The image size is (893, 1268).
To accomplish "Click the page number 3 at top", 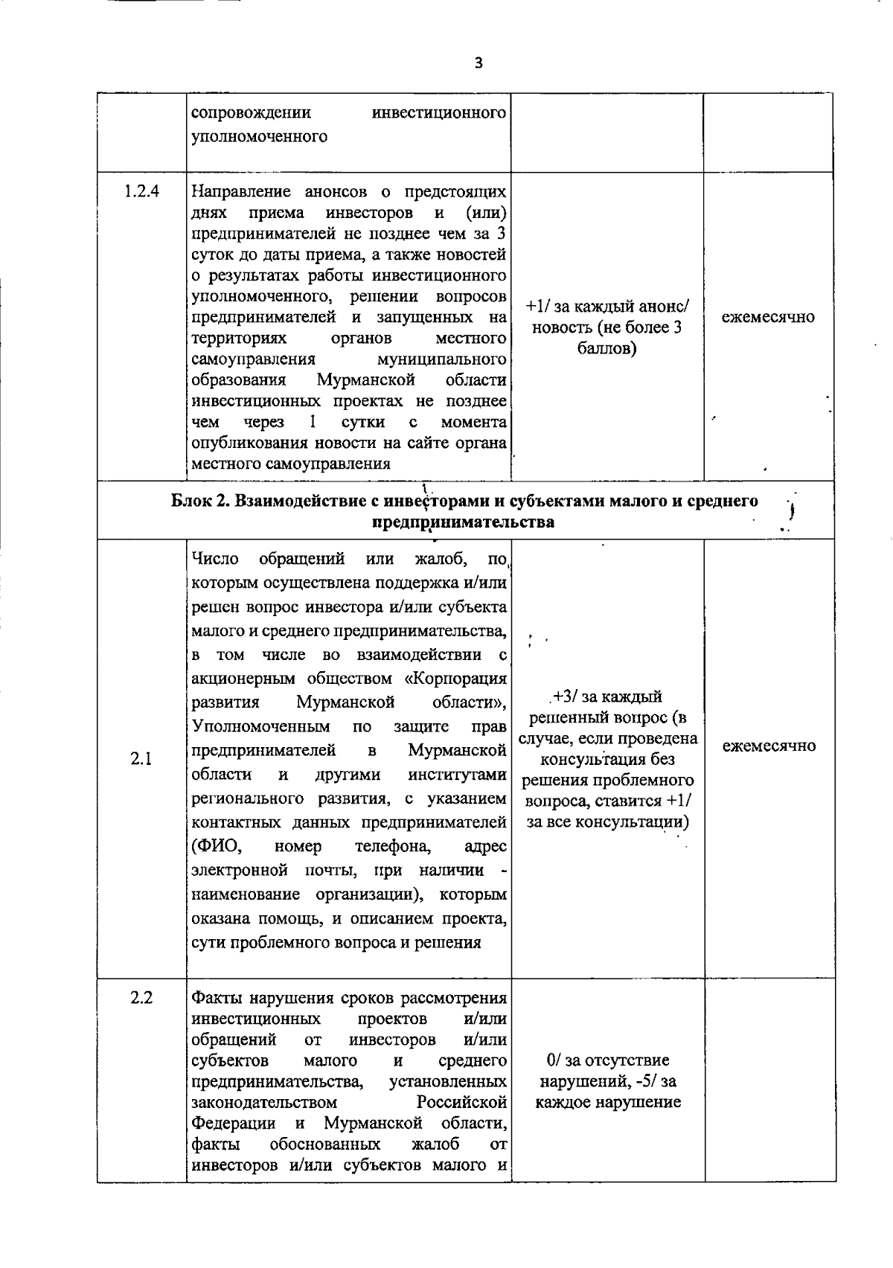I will pos(478,63).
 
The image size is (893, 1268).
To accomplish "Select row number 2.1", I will pos(141,759).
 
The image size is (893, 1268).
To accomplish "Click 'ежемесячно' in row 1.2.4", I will pos(768,317).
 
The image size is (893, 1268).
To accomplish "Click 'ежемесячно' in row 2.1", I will pos(769,746).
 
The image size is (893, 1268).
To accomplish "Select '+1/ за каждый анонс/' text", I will pos(607,307).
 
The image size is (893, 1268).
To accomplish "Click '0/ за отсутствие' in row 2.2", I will pos(607,1060).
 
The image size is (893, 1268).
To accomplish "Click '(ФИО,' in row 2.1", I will pos(216,846).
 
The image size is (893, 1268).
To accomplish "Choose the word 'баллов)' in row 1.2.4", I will pos(607,348).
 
